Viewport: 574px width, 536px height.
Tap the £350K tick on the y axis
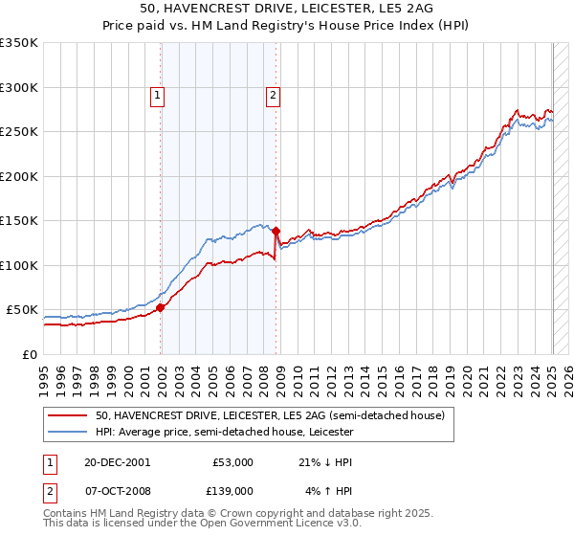(x=19, y=43)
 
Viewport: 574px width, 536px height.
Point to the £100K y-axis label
(x=19, y=265)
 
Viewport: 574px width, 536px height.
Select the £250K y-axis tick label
(x=19, y=132)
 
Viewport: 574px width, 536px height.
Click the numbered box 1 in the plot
(x=156, y=95)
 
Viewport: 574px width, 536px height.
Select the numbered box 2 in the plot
(x=273, y=95)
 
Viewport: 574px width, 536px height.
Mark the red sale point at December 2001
(x=161, y=307)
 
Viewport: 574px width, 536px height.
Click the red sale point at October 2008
(x=276, y=231)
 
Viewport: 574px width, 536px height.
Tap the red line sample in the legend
(x=69, y=416)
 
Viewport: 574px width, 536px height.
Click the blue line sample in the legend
(x=69, y=433)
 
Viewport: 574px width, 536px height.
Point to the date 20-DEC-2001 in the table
(x=117, y=461)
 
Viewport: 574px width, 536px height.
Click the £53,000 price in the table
(x=232, y=461)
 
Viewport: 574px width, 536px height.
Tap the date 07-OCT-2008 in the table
(x=117, y=491)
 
